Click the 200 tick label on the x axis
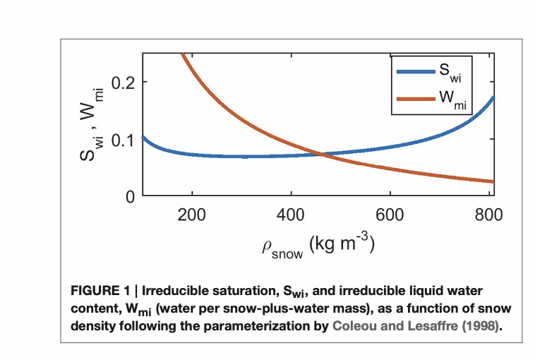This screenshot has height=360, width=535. pyautogui.click(x=191, y=215)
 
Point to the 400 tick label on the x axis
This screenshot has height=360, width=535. pyautogui.click(x=291, y=215)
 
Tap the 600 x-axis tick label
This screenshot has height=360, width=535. pyautogui.click(x=390, y=215)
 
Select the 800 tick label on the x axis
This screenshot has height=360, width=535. pyautogui.click(x=488, y=215)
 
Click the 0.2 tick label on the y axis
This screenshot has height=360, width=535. pyautogui.click(x=123, y=82)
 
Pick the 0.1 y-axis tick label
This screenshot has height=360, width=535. pyautogui.click(x=123, y=139)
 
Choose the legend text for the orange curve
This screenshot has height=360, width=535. pyautogui.click(x=452, y=100)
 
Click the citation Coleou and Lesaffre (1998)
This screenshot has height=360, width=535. pyautogui.click(x=411, y=327)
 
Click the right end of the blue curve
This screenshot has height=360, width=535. pyautogui.click(x=493, y=97)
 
